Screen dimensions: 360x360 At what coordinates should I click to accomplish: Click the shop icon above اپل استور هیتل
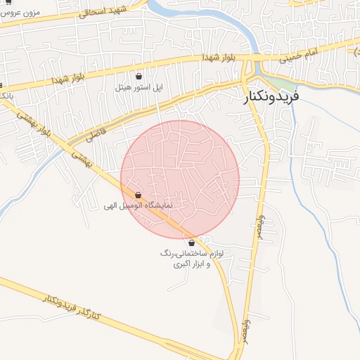click(x=139, y=76)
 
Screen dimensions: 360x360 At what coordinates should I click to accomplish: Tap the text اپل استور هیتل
click(x=139, y=88)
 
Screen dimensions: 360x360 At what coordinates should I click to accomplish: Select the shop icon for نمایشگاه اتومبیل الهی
click(x=137, y=195)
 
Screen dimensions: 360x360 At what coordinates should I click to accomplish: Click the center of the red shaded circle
click(x=180, y=179)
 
